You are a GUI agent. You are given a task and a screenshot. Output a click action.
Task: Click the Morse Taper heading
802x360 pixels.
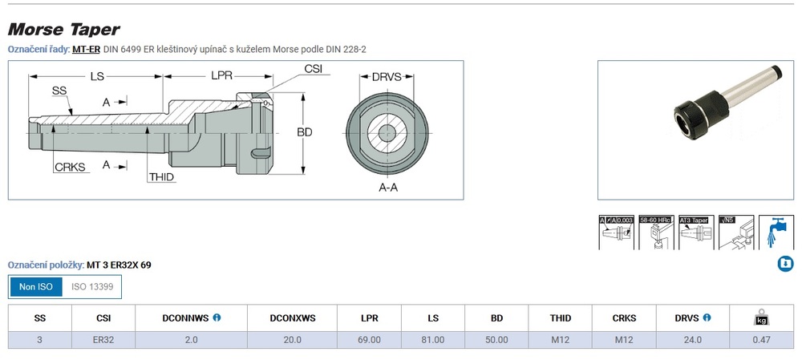[63, 30]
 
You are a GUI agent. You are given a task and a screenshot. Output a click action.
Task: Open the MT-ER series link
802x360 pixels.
[85, 50]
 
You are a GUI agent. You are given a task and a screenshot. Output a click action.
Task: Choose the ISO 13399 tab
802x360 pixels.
[92, 286]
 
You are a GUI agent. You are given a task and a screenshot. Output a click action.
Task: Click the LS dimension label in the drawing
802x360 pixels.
[97, 77]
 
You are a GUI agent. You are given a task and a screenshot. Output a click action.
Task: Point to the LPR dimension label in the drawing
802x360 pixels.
[222, 76]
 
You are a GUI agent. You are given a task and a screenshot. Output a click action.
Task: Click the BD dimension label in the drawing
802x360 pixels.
[304, 131]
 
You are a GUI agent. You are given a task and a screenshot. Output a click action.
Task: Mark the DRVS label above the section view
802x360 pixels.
[387, 77]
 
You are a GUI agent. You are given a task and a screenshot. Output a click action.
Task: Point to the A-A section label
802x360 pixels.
[389, 187]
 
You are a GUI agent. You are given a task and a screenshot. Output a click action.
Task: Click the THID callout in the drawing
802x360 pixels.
[161, 176]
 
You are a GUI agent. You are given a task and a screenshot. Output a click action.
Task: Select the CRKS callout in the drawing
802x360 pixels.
[71, 167]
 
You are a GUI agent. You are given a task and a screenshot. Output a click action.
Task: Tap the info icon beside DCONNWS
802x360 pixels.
[217, 318]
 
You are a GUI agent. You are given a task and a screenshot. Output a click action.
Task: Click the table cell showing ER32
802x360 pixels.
[103, 340]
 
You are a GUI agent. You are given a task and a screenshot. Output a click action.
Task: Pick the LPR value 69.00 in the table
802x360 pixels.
[369, 340]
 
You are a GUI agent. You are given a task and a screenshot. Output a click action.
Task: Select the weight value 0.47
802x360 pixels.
[760, 340]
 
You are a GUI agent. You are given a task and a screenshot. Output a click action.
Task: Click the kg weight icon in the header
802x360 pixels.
[760, 318]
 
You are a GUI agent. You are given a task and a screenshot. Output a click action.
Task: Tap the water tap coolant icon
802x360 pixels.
[775, 232]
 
